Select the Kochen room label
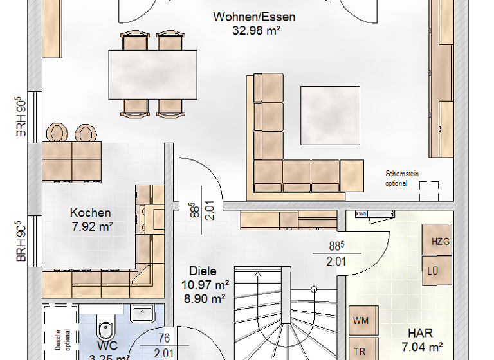click(x=90, y=213)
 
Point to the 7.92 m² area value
click(x=90, y=226)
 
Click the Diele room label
click(x=203, y=271)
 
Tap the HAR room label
click(x=419, y=334)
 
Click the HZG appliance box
click(x=439, y=241)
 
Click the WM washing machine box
click(x=360, y=320)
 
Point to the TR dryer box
click(x=360, y=351)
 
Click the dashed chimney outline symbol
click(x=430, y=190)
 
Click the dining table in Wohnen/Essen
click(x=152, y=74)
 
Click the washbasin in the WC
click(x=142, y=313)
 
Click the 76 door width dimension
click(x=164, y=339)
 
